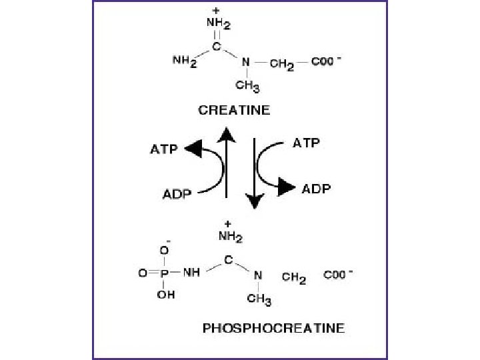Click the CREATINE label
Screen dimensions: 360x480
(234, 111)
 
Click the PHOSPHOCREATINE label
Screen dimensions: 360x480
(273, 328)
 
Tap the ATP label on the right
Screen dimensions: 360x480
(306, 143)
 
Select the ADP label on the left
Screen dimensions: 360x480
(178, 195)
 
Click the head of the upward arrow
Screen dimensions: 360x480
(227, 135)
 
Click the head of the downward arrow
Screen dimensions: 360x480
(255, 200)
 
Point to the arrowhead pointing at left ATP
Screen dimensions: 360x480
(194, 149)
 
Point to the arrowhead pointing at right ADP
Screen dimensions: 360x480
(287, 188)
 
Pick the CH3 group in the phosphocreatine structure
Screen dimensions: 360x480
(259, 299)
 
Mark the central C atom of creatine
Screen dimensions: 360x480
(217, 47)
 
